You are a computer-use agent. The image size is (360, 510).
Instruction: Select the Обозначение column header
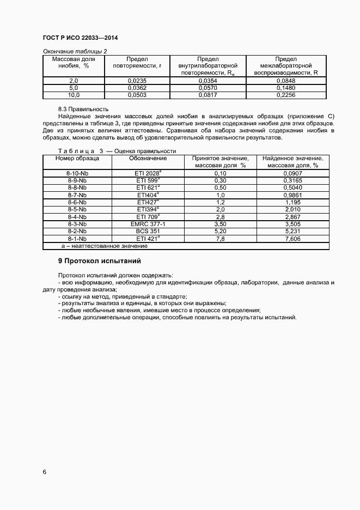coord(148,159)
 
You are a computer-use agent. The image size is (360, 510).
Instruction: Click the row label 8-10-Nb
coord(77,173)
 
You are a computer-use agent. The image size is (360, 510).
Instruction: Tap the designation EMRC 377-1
coord(148,224)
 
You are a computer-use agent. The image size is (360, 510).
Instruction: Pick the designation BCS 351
coord(148,231)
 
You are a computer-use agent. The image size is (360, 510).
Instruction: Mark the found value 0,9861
coord(292,195)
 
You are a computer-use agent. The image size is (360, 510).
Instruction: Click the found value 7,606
coord(292,239)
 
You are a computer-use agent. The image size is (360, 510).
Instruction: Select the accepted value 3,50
coord(220,224)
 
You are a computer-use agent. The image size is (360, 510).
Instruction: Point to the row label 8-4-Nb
coord(77,216)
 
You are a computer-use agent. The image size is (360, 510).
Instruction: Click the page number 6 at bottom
coord(44,472)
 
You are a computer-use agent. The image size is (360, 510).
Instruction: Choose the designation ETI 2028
coord(148,173)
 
